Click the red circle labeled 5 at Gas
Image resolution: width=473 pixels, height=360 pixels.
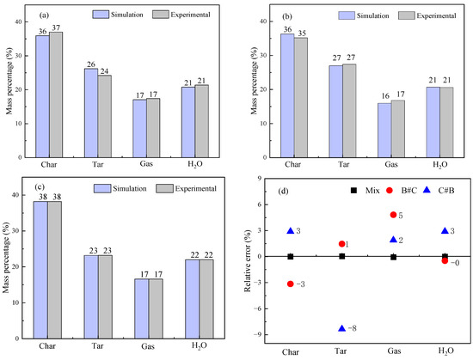pyautogui.click(x=393, y=215)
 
